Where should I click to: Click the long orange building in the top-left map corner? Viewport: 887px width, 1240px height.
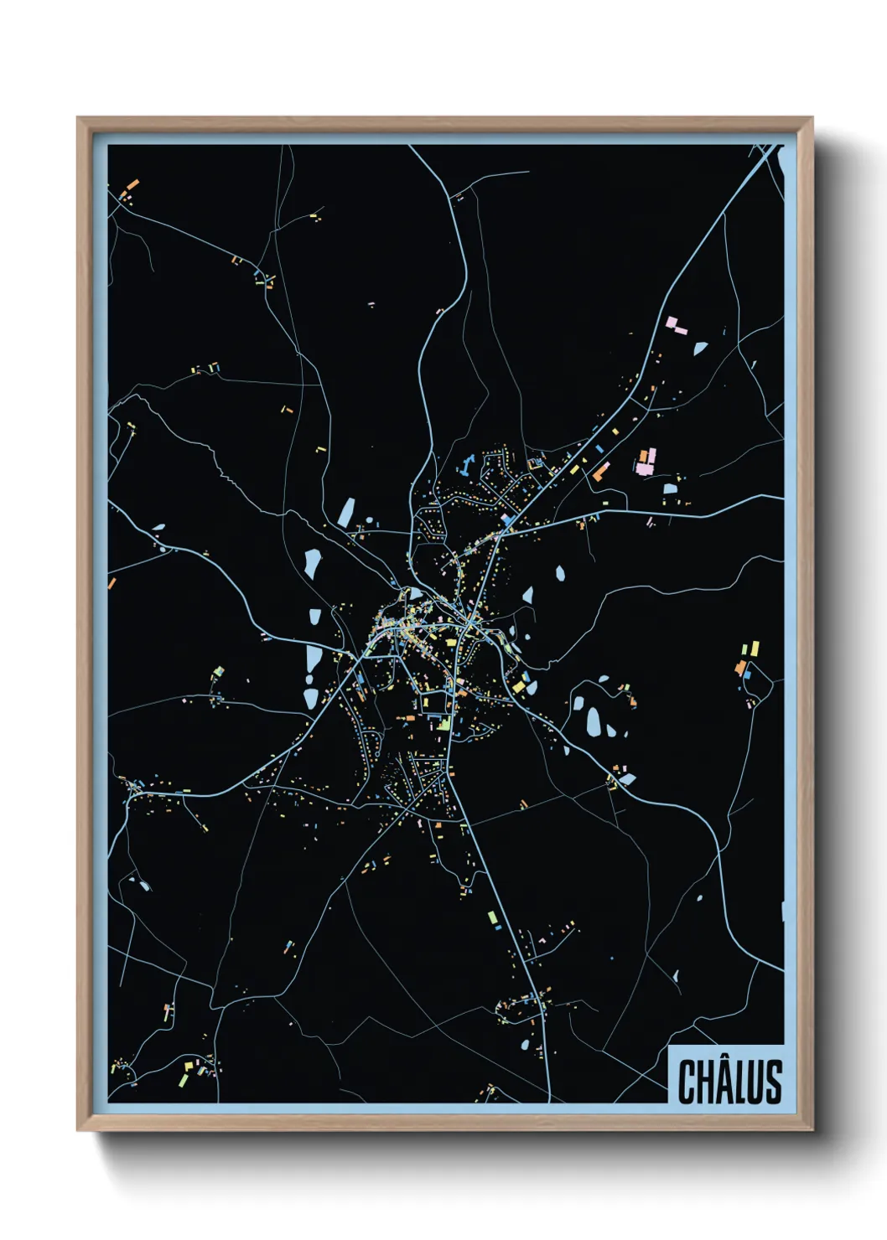132,185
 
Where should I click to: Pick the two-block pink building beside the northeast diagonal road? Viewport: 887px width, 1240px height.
675,325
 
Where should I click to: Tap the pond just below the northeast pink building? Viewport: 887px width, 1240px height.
700,347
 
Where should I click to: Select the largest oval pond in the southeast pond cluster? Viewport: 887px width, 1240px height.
594,721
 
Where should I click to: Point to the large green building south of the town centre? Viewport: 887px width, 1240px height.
443,723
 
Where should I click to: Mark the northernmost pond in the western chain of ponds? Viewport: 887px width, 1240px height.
346,512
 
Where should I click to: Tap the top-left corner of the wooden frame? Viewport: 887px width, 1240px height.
79,119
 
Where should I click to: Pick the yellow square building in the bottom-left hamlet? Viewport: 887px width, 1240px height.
189,1066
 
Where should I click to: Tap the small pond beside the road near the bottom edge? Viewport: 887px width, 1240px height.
525,1045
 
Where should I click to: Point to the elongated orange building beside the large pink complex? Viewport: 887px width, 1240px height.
599,473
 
